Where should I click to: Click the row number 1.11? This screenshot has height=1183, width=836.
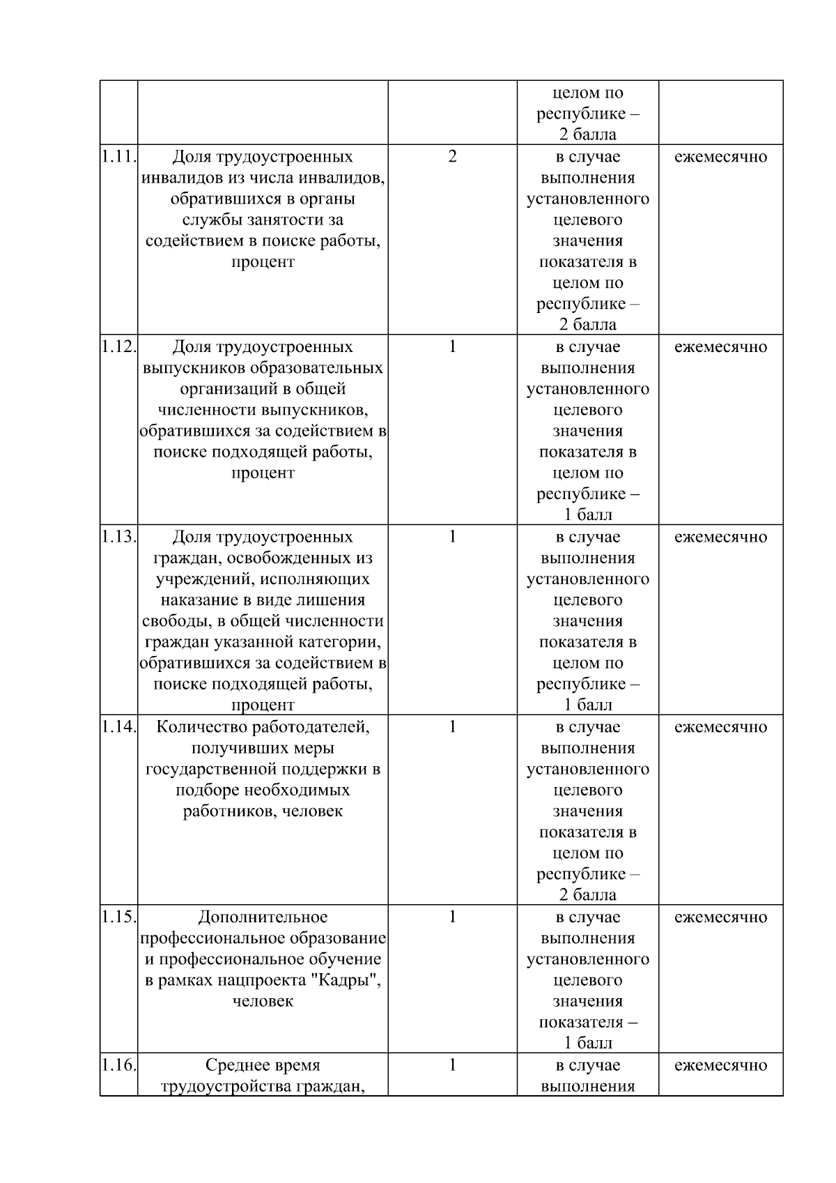click(118, 157)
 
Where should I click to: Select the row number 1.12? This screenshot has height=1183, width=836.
click(118, 347)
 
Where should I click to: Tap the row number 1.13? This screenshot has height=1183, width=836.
click(118, 537)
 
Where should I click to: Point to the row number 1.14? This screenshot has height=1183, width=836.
click(118, 727)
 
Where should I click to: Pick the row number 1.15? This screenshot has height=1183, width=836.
click(118, 917)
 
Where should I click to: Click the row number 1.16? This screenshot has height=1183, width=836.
click(118, 1065)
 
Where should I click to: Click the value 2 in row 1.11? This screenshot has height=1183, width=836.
click(452, 157)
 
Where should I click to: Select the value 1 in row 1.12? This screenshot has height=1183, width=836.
click(452, 347)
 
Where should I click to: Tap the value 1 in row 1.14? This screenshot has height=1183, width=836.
click(452, 727)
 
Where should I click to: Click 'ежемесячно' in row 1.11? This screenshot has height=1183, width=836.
click(720, 157)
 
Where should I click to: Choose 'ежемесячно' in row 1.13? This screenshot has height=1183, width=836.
click(720, 537)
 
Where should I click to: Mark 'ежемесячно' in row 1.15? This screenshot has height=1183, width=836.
click(720, 917)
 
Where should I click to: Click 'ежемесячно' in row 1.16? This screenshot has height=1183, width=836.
click(720, 1065)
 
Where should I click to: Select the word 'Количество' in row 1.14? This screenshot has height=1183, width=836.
click(201, 727)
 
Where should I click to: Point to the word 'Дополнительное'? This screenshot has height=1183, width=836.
click(263, 917)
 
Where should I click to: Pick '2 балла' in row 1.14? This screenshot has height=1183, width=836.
click(587, 895)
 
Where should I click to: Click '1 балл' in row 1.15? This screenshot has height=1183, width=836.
click(587, 1044)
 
